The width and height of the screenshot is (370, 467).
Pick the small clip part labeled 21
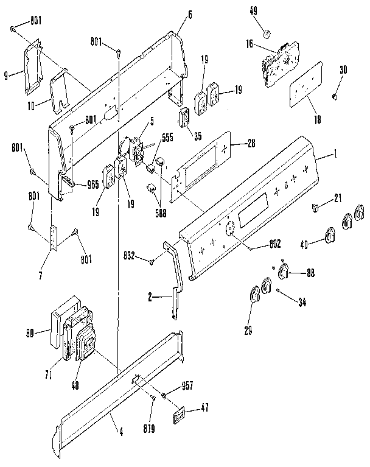pyautogui.click(x=316, y=209)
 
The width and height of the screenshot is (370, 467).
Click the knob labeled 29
pyautogui.click(x=254, y=295)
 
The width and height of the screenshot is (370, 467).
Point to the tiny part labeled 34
pyautogui.click(x=277, y=292)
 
